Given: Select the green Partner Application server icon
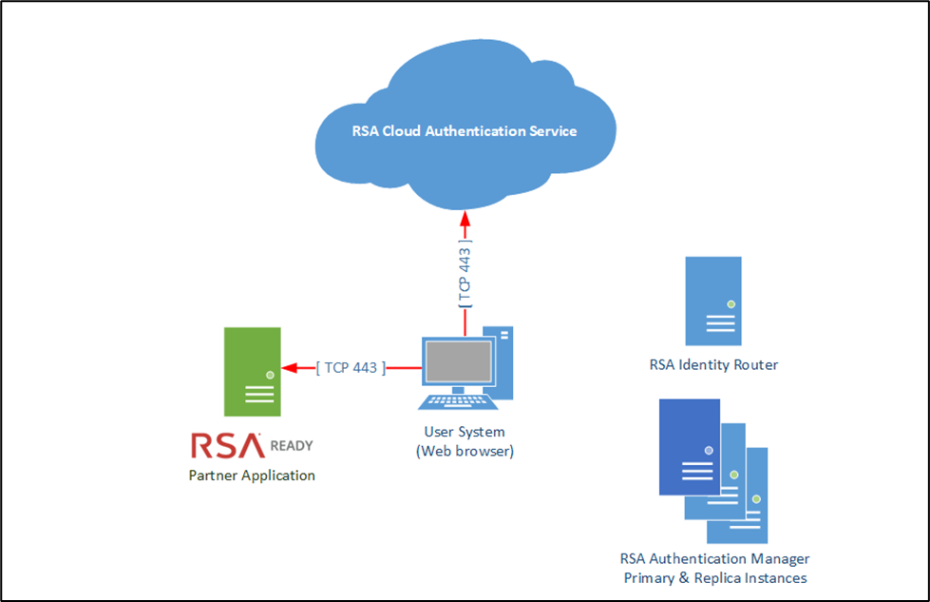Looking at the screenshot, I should pyautogui.click(x=252, y=372).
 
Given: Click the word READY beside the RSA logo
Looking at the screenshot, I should pyautogui.click(x=292, y=445).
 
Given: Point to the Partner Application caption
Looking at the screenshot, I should pyautogui.click(x=252, y=475).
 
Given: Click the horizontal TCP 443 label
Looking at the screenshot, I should pyautogui.click(x=351, y=368).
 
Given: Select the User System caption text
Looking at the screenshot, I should pyautogui.click(x=465, y=433).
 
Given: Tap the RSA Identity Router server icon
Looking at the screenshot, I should pyautogui.click(x=713, y=301).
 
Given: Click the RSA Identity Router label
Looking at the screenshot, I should pyautogui.click(x=713, y=364).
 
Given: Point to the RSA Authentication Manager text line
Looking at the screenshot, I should pyautogui.click(x=714, y=559).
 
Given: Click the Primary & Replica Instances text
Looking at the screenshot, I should pyautogui.click(x=714, y=578).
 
